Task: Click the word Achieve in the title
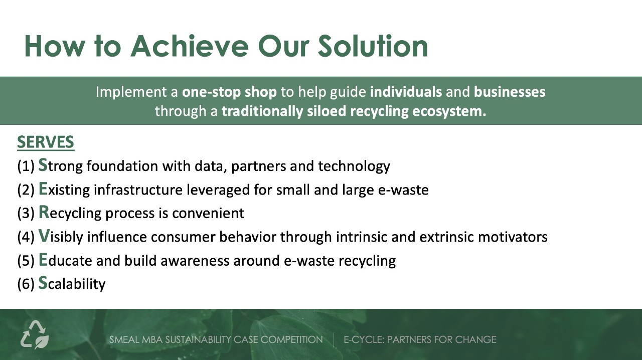(190, 46)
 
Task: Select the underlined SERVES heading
(46, 142)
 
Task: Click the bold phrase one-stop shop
(229, 92)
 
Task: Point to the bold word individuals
(406, 92)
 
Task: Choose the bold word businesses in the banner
(510, 92)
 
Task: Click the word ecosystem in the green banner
(449, 111)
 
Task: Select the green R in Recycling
(44, 212)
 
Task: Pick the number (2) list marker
(26, 190)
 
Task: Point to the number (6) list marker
(26, 284)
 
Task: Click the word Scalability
(72, 283)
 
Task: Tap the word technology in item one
(354, 166)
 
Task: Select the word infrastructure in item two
(138, 190)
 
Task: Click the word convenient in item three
(208, 213)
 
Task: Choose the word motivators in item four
(513, 237)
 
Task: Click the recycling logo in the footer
(35, 335)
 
